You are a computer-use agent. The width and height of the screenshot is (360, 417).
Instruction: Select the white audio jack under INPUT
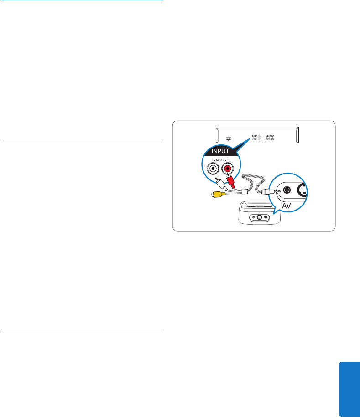[x=212, y=169]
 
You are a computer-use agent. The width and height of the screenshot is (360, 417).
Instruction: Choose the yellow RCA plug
[x=218, y=194]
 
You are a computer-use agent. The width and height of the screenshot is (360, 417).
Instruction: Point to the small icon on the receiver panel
[x=229, y=137]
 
